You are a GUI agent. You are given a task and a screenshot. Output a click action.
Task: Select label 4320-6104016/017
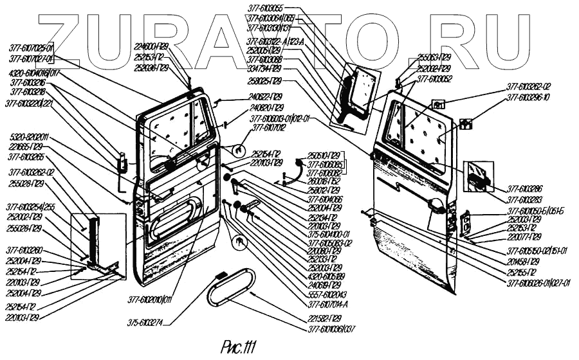point(34,74)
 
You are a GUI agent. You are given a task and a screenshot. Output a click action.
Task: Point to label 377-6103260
point(26,250)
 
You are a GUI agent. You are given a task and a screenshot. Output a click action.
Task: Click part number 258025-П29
point(264,81)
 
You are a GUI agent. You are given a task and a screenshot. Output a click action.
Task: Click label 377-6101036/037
point(331,329)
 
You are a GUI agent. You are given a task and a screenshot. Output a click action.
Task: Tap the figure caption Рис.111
point(238,348)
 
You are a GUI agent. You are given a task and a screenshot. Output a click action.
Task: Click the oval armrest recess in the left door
point(174,217)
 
